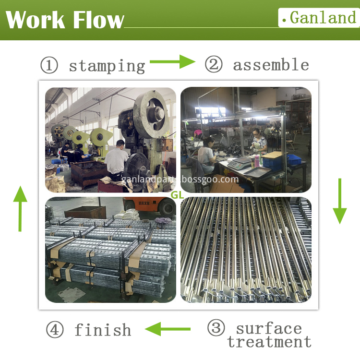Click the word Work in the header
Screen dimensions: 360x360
pos(35,20)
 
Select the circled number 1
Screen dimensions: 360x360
pos(49,65)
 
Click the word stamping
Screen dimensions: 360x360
pos(107,66)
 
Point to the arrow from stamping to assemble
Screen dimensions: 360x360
pos(172,61)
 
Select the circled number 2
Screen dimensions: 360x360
pos(214,64)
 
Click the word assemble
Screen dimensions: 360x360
pos(271,65)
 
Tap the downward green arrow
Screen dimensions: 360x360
pos(340,201)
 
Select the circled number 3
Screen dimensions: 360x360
pos(216,328)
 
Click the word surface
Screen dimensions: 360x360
pos(269,329)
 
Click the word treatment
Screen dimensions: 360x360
pos(269,342)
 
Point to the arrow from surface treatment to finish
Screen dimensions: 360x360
pos(168,329)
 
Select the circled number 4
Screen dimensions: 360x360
pos(55,329)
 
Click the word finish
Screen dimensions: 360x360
pos(103,330)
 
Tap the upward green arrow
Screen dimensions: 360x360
pos(20,208)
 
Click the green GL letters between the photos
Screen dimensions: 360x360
pos(177,195)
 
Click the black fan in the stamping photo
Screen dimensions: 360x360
pos(137,171)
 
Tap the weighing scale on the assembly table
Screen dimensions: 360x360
pos(239,164)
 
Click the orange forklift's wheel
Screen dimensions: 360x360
pos(167,208)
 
